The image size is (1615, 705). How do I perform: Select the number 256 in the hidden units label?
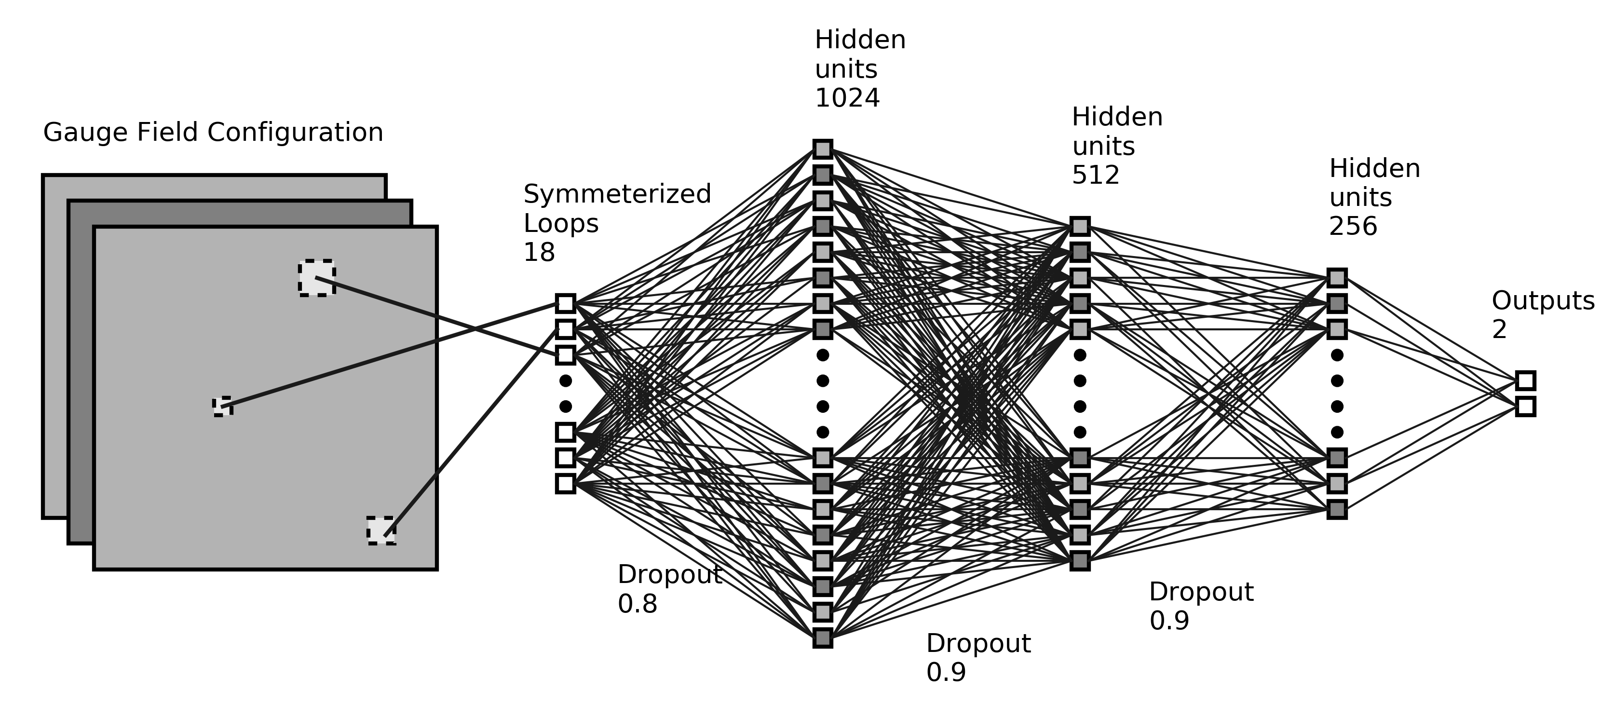tap(1353, 227)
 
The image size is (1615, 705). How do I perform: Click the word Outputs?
tap(1542, 301)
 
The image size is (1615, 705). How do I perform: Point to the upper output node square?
tap(1525, 380)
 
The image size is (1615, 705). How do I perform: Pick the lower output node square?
tap(1525, 407)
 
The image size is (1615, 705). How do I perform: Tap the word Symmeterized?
tap(617, 194)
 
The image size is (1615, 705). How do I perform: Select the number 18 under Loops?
tap(539, 253)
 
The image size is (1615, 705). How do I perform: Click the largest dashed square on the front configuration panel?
tap(317, 278)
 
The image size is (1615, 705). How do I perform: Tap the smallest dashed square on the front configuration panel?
tap(223, 407)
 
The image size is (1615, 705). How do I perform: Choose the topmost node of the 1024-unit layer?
tap(823, 149)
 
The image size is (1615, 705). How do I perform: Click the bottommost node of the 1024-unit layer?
tap(823, 638)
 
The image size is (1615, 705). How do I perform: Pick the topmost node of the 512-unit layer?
tap(1080, 226)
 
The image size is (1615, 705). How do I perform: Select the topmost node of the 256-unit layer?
tap(1337, 278)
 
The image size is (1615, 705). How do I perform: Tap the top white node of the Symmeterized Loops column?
tap(565, 303)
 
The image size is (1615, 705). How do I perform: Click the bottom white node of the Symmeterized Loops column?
tap(565, 484)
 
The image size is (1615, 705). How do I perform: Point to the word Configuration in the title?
tap(295, 133)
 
